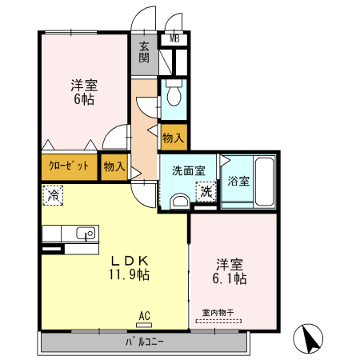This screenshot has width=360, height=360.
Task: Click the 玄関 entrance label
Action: pyautogui.click(x=144, y=52)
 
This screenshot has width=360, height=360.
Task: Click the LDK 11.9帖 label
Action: pyautogui.click(x=130, y=267)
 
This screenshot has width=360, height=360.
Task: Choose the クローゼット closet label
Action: pyautogui.click(x=69, y=166)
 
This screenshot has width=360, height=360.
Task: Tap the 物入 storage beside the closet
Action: pyautogui.click(x=114, y=166)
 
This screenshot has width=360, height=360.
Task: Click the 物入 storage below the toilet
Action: pyautogui.click(x=174, y=138)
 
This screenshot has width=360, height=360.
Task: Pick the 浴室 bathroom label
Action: pyautogui.click(x=238, y=181)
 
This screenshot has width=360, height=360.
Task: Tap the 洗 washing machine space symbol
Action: pyautogui.click(x=206, y=192)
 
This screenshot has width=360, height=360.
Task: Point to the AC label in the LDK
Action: pyautogui.click(x=144, y=316)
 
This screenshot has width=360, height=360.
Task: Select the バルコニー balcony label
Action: pyautogui.click(x=144, y=342)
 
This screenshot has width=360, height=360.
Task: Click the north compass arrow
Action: pyautogui.click(x=308, y=338)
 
